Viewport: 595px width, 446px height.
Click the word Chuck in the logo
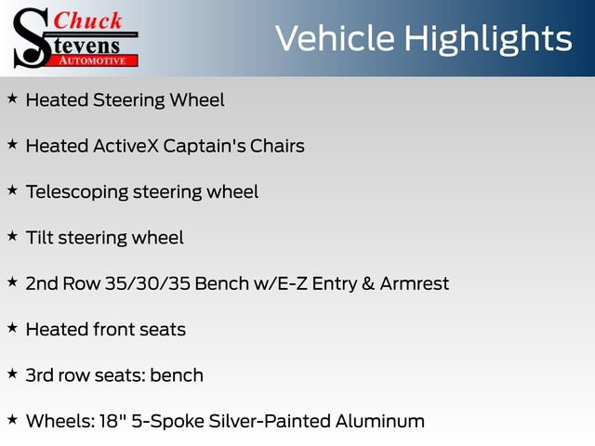[87, 20]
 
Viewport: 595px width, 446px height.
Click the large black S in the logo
[31, 38]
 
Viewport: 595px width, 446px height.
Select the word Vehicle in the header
[335, 38]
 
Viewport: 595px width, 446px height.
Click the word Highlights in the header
[487, 40]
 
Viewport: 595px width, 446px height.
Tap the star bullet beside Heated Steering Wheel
[12, 98]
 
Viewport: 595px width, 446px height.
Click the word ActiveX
[126, 146]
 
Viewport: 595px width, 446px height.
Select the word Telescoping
[77, 192]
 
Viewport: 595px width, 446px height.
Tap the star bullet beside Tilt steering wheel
[12, 236]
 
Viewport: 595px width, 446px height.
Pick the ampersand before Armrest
[368, 283]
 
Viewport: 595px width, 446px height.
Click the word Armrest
[415, 283]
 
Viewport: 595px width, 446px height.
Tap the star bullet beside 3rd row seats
[12, 374]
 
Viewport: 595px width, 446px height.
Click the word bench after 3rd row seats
[177, 375]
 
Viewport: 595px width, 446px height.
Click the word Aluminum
[380, 421]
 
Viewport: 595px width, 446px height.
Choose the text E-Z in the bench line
[292, 283]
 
